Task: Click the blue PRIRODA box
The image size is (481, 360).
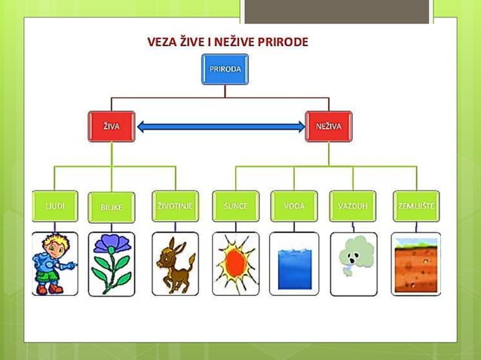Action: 225,69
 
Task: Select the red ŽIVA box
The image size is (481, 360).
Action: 112,127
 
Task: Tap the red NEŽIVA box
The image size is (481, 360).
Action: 329,127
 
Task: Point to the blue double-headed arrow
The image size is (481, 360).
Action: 220,127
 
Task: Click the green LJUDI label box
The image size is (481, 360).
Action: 55,206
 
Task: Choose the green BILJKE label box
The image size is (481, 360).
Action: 112,206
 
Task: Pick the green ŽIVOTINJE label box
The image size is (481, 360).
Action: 175,206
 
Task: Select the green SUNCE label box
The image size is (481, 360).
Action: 236,206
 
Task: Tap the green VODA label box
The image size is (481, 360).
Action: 294,206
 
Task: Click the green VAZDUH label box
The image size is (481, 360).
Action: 353,206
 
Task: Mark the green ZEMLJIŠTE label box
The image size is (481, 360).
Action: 416,206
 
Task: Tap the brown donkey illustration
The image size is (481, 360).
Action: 175,263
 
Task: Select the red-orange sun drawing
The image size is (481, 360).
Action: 235,264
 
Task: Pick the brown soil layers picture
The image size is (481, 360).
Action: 416,264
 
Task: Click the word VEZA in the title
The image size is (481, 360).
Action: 162,41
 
